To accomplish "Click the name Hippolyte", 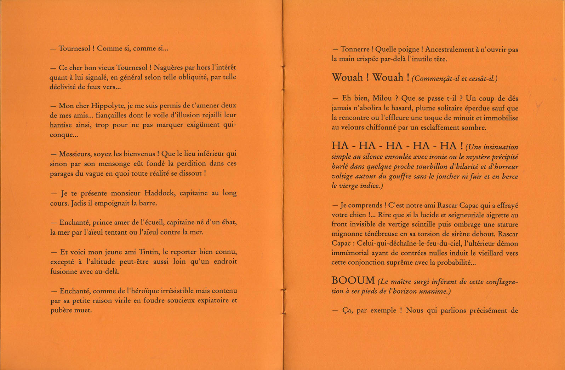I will (107, 106).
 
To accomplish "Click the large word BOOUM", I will (353, 281).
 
